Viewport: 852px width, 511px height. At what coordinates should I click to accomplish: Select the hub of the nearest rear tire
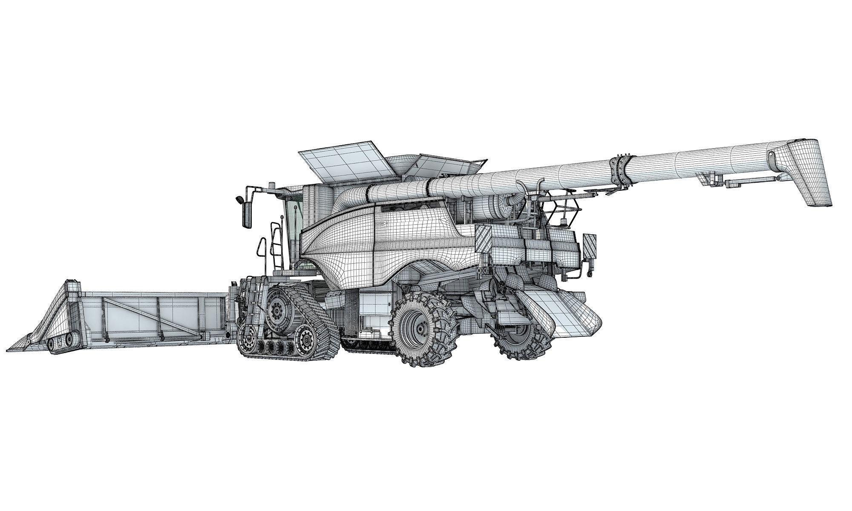click(x=420, y=329)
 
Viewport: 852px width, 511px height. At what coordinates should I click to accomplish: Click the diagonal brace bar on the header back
click(x=133, y=315)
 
